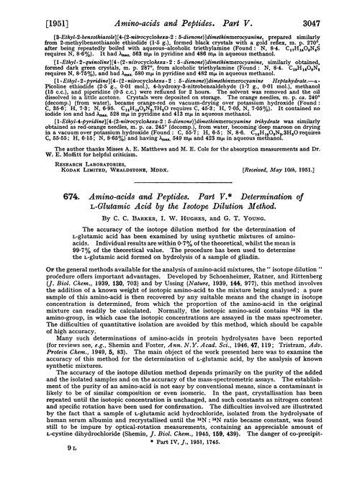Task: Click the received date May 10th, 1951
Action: [300, 207]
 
